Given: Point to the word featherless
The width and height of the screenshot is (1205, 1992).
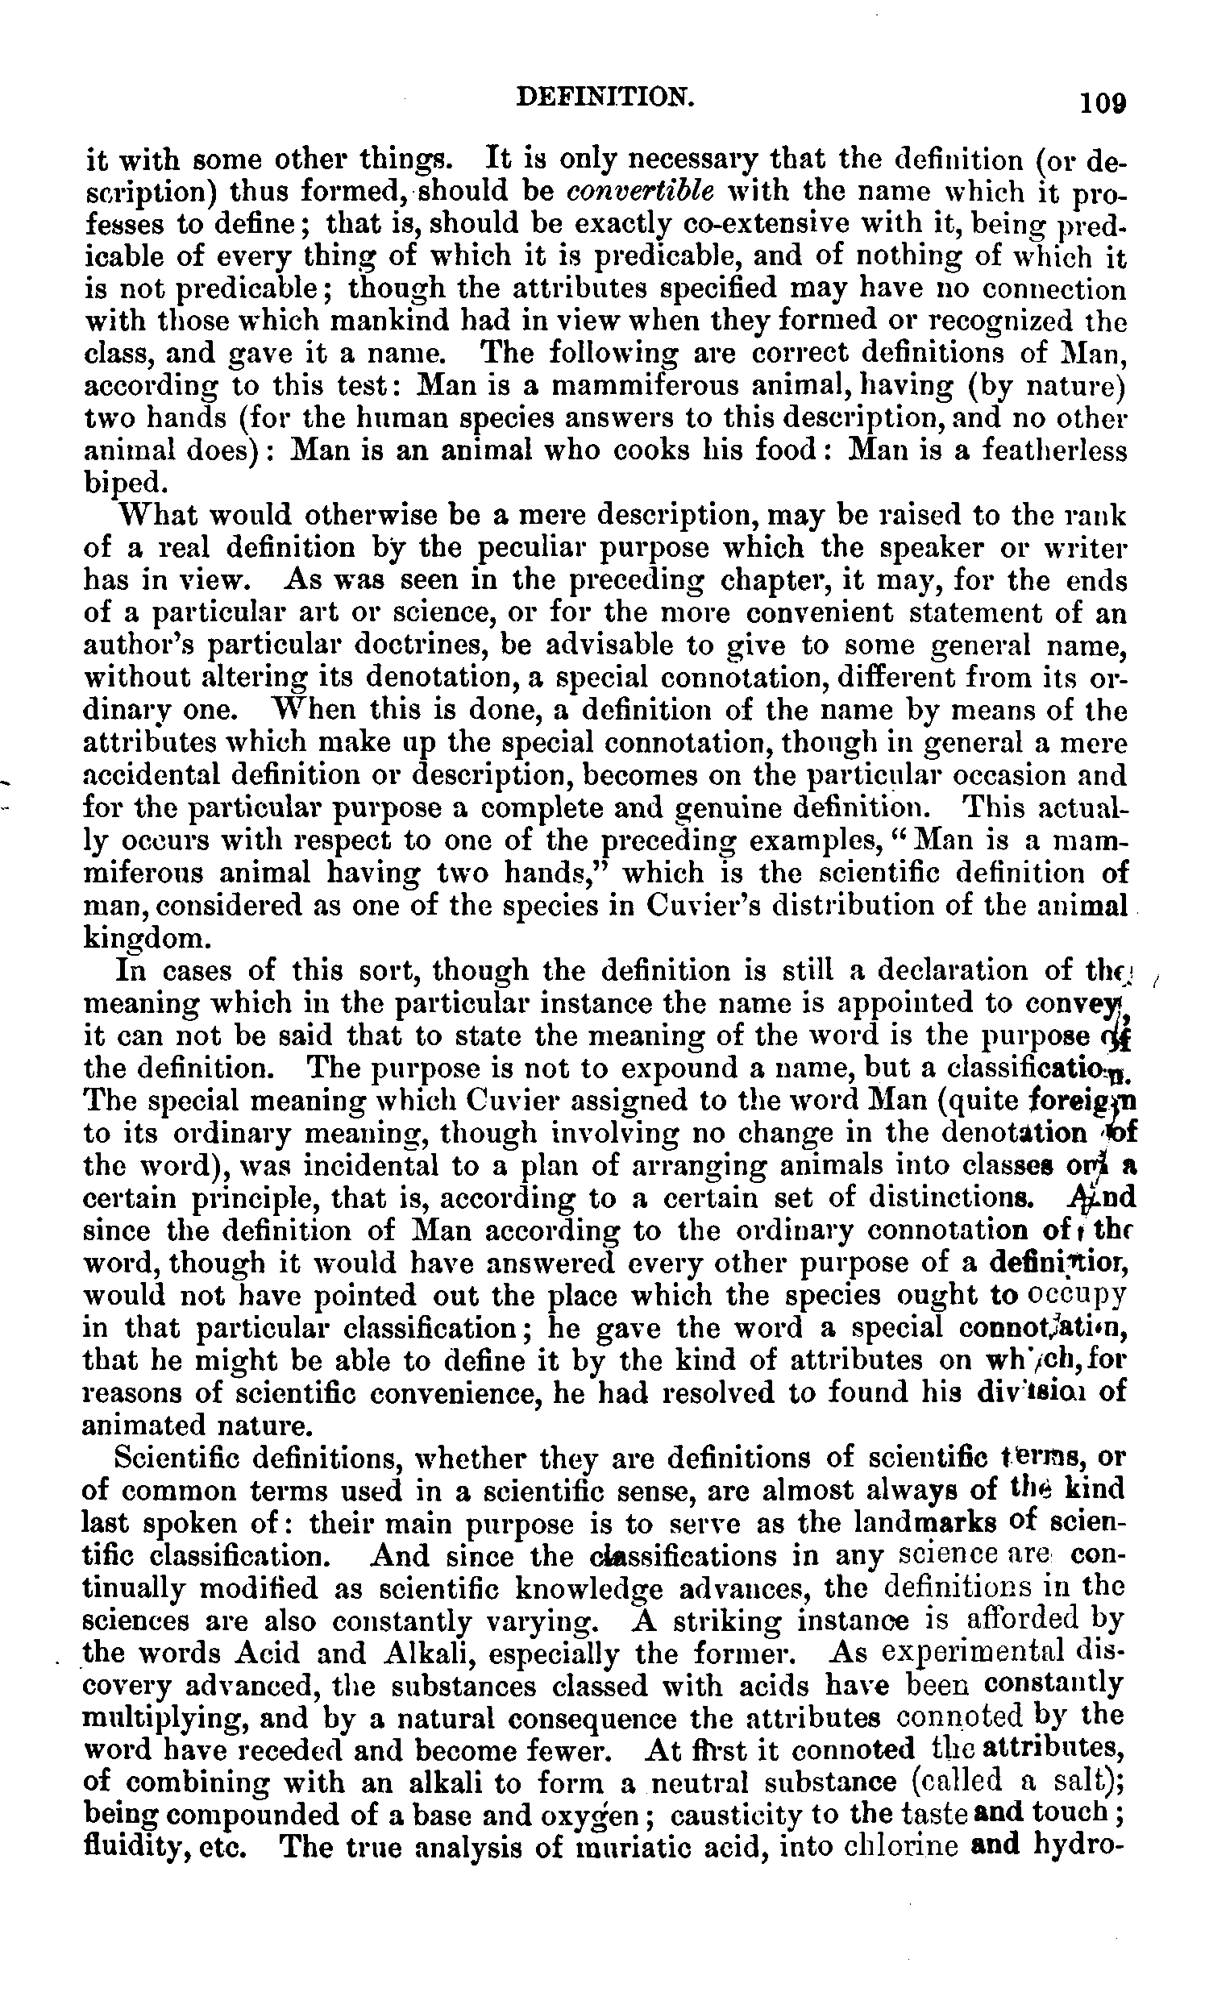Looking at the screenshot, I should click(x=1053, y=450).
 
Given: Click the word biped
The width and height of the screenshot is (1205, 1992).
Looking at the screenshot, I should click(x=126, y=483).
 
